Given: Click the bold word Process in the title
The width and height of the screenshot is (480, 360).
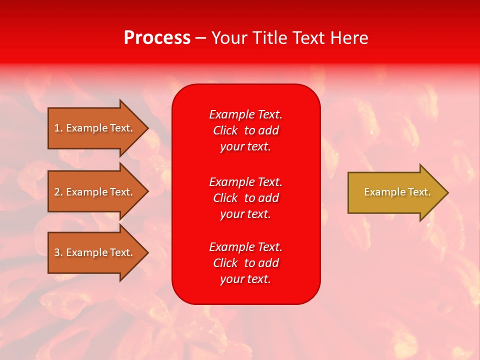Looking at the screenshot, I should (x=157, y=38).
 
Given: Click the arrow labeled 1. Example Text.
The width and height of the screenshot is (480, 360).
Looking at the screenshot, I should (x=95, y=128).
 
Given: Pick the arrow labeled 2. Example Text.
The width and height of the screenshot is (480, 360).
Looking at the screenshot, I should (x=95, y=192).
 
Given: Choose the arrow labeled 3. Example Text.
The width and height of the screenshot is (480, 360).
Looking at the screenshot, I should (x=95, y=252).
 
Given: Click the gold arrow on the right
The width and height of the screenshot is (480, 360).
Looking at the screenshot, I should (x=395, y=192).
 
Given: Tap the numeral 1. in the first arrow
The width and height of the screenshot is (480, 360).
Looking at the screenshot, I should (x=58, y=128).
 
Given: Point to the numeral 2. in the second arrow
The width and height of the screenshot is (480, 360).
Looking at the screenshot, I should (x=58, y=192).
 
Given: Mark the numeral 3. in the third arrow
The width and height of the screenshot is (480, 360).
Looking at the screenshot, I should (x=58, y=252).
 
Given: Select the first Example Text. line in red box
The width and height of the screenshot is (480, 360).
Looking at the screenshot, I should (x=245, y=114).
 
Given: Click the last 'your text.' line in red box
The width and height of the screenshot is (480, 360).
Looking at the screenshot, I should (x=245, y=279).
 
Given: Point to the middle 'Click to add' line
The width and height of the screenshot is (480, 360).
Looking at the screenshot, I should (x=245, y=198).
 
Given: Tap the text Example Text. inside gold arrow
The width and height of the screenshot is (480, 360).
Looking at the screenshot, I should (x=397, y=192).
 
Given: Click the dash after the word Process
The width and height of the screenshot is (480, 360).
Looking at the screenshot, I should (x=200, y=38).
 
